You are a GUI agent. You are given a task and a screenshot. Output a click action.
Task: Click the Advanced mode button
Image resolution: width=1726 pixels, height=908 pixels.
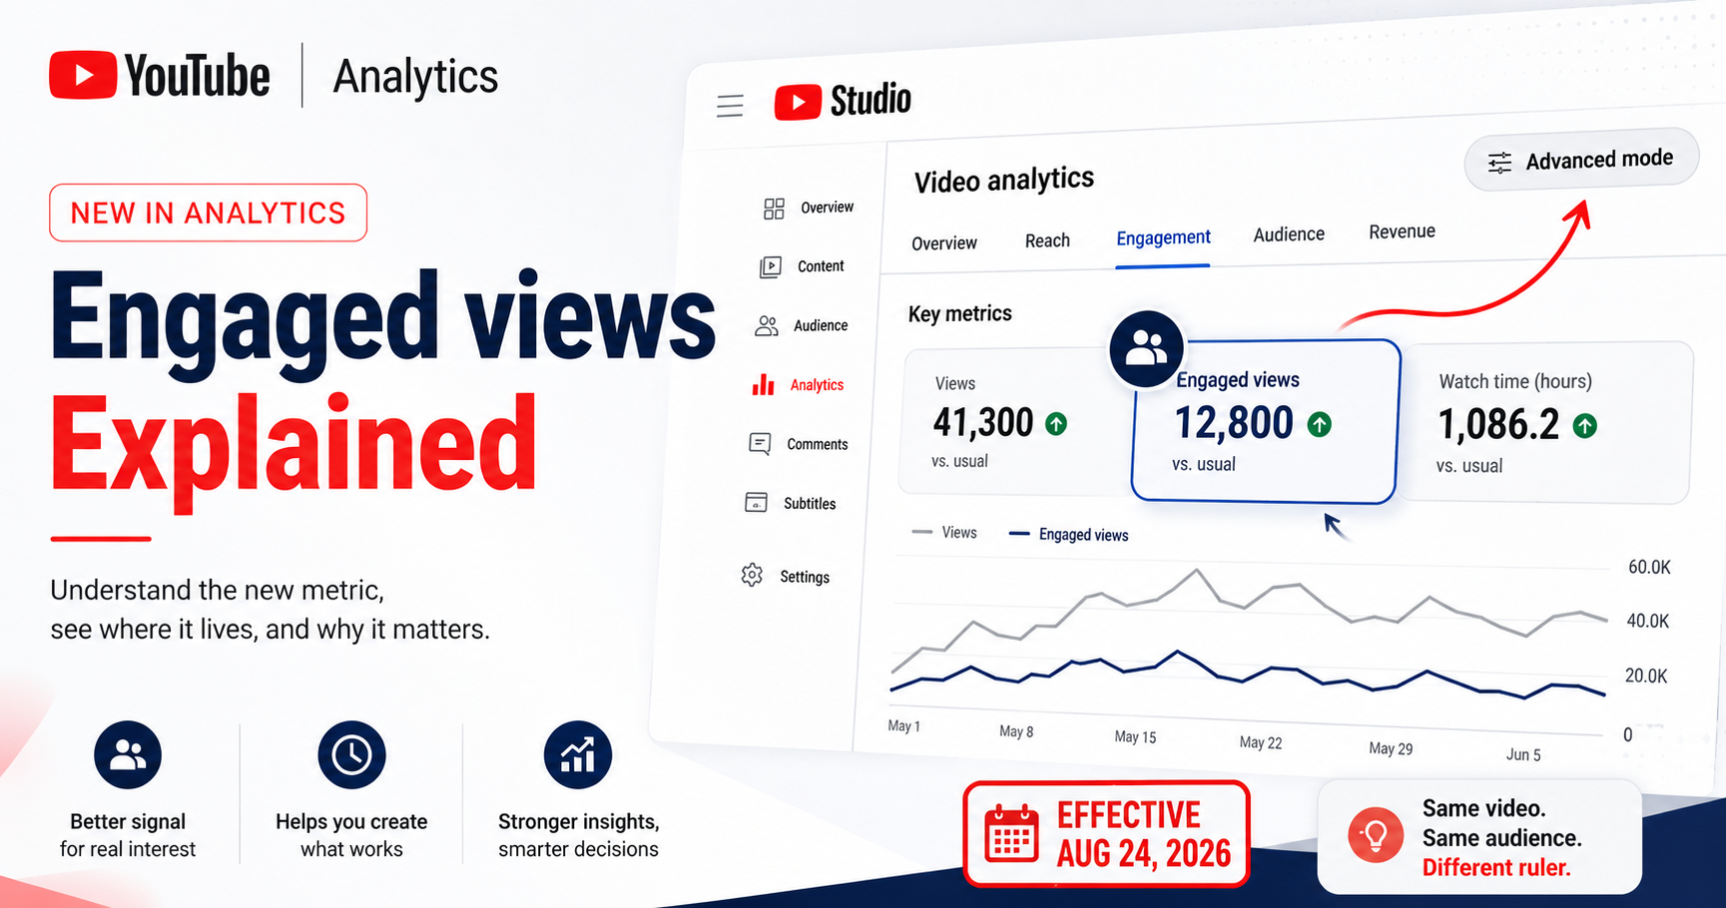[x=1581, y=160]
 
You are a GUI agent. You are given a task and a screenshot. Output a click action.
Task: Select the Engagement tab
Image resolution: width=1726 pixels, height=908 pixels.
[x=1163, y=238]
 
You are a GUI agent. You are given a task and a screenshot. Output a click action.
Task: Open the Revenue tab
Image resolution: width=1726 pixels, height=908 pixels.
[x=1402, y=231]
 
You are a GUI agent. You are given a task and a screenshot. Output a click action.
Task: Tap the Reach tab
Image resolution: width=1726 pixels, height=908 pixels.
[x=1047, y=240]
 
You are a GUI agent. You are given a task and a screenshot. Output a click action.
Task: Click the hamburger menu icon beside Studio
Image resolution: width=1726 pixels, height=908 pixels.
[x=730, y=106]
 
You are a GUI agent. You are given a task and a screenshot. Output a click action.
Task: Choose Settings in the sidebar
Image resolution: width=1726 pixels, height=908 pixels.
[x=787, y=577]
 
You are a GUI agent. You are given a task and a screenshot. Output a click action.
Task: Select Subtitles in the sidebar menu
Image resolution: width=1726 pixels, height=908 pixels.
[x=791, y=503]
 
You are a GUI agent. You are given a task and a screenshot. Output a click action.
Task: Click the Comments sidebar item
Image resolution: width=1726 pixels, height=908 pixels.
[x=799, y=444]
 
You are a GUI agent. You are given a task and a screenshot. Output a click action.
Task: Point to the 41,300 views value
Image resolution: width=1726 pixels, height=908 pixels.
[x=982, y=423]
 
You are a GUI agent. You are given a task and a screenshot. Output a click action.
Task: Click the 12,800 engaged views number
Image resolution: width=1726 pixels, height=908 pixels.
[x=1234, y=423]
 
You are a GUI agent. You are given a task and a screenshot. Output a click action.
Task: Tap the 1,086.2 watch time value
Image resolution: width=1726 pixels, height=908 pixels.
[x=1498, y=425]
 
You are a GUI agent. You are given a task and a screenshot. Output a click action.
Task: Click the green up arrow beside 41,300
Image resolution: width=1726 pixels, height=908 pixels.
[x=1056, y=424]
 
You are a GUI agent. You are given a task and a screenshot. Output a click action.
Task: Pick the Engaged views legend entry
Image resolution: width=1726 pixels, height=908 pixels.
[x=1068, y=535]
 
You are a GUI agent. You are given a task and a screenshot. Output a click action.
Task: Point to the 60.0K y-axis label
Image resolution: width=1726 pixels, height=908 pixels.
[x=1649, y=567]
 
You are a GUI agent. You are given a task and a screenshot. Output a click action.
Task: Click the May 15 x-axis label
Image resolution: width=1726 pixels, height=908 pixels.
[x=1135, y=736]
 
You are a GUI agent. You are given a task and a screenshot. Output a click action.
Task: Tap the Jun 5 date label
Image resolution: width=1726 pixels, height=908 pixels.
[x=1523, y=754]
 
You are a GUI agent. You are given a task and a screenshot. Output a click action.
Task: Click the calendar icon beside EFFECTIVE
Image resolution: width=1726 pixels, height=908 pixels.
[x=1011, y=833]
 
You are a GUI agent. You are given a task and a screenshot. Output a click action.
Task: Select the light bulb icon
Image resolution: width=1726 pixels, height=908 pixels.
[x=1376, y=835]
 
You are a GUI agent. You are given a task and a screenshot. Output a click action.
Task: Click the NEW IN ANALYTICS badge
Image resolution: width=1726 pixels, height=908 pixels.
[x=208, y=213]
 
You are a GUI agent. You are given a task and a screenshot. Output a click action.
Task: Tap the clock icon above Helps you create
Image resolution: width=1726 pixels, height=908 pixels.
[x=351, y=754]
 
